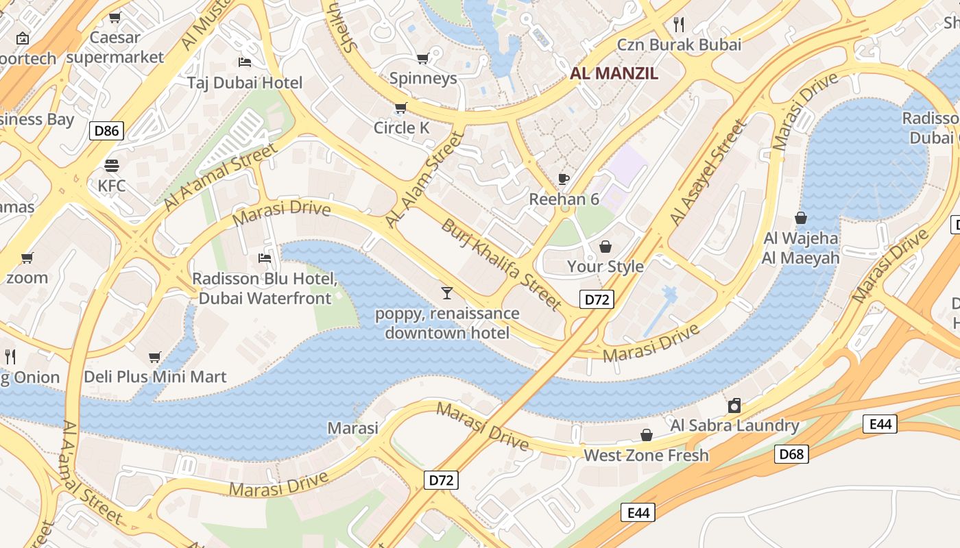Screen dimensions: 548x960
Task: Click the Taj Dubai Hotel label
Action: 245,83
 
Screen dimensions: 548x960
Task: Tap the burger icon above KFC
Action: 111,166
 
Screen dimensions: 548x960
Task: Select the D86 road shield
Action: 106,130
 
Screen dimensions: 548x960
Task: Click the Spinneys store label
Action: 423,78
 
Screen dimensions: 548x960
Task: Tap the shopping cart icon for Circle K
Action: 400,108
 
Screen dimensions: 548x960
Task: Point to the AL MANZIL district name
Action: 614,73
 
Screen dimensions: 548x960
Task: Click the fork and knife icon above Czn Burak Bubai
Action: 679,25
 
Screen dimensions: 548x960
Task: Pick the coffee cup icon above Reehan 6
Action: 564,179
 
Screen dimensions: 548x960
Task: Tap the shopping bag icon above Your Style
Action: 605,247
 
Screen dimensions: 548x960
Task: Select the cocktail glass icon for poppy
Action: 447,293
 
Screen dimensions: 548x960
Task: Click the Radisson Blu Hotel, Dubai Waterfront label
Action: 265,288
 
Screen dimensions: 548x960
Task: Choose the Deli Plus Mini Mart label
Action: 155,377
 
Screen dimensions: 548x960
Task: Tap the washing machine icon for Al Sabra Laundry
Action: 734,405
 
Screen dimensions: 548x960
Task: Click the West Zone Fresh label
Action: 646,455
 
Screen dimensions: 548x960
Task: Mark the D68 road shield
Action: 792,453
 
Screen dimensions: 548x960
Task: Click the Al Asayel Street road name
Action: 707,173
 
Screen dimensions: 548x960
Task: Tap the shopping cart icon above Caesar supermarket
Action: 115,17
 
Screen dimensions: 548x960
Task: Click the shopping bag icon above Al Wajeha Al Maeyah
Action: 800,218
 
